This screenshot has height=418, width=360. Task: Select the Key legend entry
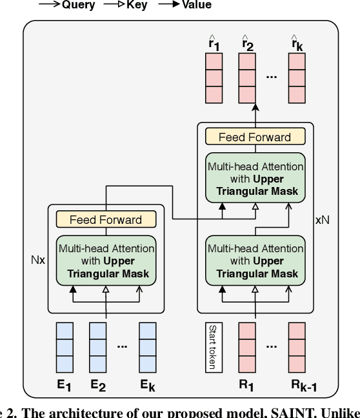pyautogui.click(x=126, y=5)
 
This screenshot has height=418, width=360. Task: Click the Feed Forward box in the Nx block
pyautogui.click(x=106, y=219)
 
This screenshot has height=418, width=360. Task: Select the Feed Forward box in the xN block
pyautogui.click(x=255, y=137)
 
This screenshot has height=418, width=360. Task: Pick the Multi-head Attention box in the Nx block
pyautogui.click(x=106, y=261)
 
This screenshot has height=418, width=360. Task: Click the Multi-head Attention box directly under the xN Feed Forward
pyautogui.click(x=255, y=179)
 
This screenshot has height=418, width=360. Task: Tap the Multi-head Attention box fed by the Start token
pyautogui.click(x=255, y=261)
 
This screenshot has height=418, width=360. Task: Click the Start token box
pyautogui.click(x=211, y=346)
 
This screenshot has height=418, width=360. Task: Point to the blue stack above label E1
pyautogui.click(x=64, y=346)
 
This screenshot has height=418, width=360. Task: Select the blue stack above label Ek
pyautogui.click(x=148, y=346)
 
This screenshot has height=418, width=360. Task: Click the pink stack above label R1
pyautogui.click(x=247, y=346)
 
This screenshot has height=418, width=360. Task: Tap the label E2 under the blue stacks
pyautogui.click(x=97, y=386)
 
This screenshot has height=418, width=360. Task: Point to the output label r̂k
pyautogui.click(x=296, y=44)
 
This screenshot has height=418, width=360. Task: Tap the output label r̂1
pyautogui.click(x=214, y=44)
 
